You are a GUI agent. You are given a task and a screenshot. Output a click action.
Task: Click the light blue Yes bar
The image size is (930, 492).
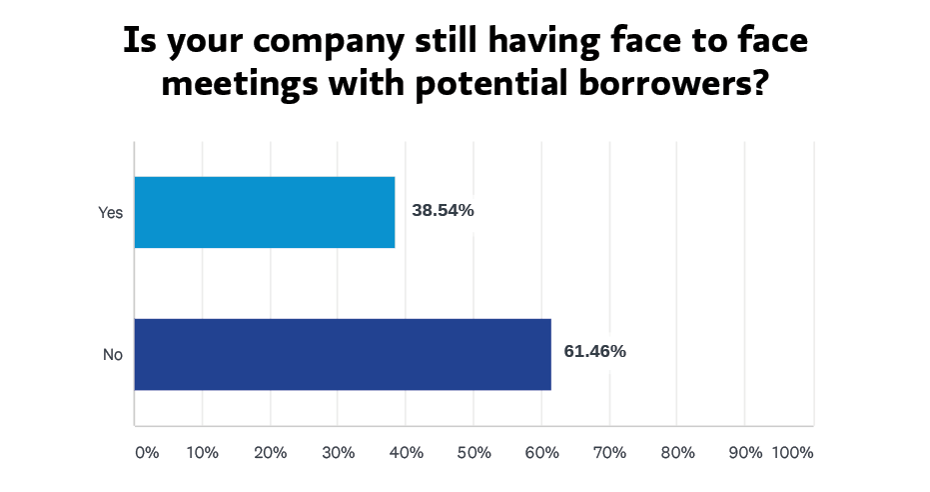pos(265,212)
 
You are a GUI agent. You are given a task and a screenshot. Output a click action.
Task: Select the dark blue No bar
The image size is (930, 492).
pos(343,354)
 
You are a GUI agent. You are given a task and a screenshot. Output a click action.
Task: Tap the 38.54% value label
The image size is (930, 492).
pos(442,211)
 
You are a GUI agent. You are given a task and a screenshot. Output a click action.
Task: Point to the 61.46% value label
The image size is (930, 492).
pos(594,351)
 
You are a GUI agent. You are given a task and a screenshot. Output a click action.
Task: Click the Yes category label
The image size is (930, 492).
pos(110,212)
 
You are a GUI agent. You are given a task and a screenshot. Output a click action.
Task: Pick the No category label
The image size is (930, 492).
pos(112,354)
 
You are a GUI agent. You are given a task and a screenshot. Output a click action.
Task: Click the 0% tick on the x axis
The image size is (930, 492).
pos(147,453)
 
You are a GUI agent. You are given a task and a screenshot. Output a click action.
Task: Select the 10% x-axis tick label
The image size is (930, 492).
pos(203,453)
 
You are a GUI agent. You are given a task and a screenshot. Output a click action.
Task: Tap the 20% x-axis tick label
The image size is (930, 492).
pos(271,453)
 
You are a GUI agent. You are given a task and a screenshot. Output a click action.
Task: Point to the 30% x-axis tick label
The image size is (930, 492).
pos(339,453)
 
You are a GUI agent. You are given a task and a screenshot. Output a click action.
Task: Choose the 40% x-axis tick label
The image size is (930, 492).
pos(407,453)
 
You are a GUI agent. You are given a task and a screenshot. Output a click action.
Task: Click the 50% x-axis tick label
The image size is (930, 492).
pos(474,453)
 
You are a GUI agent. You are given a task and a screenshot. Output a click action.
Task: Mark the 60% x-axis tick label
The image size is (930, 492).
pos(541,453)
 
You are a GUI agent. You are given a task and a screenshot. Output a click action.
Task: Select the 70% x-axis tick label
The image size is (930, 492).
pos(609,453)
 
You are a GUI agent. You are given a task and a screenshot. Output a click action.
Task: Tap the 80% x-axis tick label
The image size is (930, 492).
pos(677,453)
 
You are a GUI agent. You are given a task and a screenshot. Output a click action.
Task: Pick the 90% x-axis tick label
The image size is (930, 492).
pos(745,453)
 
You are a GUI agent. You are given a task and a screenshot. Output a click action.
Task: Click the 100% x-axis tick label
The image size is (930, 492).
pos(793,453)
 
